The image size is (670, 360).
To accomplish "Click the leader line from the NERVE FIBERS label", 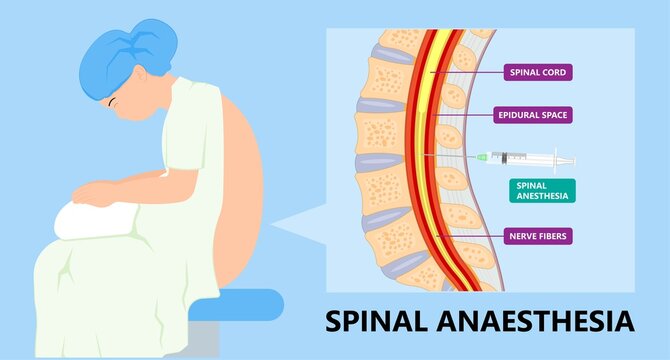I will pos(470,236).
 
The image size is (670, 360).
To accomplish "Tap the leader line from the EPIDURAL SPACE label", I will pos(470,115).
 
